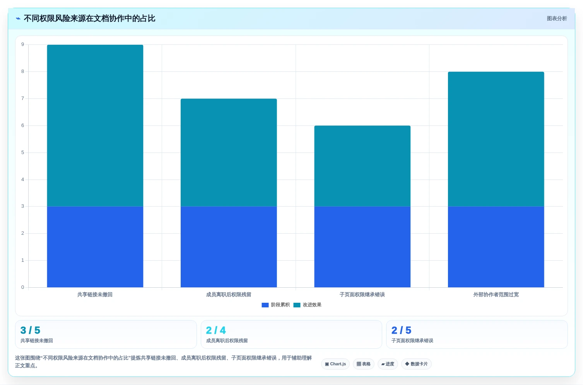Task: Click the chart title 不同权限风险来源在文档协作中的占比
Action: tap(89, 19)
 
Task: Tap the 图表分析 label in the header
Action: tap(557, 19)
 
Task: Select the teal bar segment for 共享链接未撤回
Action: tap(95, 126)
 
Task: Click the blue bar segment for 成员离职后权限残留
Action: tap(229, 247)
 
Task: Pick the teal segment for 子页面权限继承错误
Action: tap(362, 166)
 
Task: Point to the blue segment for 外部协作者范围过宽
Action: tap(496, 247)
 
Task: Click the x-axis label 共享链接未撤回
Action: tap(95, 294)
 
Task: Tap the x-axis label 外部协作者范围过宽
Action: tap(496, 294)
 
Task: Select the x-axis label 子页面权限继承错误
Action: tap(362, 294)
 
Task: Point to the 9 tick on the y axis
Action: tap(23, 44)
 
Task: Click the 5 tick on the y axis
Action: tap(23, 153)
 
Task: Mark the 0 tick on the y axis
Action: tap(23, 287)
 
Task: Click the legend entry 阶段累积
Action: tap(275, 305)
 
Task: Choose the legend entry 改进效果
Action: tap(308, 305)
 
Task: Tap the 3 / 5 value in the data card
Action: tap(30, 330)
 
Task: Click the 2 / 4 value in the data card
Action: tap(216, 330)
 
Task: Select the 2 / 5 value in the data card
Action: tap(401, 330)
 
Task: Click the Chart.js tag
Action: tap(335, 364)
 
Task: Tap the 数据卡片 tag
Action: tap(416, 364)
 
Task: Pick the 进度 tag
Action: tap(388, 364)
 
